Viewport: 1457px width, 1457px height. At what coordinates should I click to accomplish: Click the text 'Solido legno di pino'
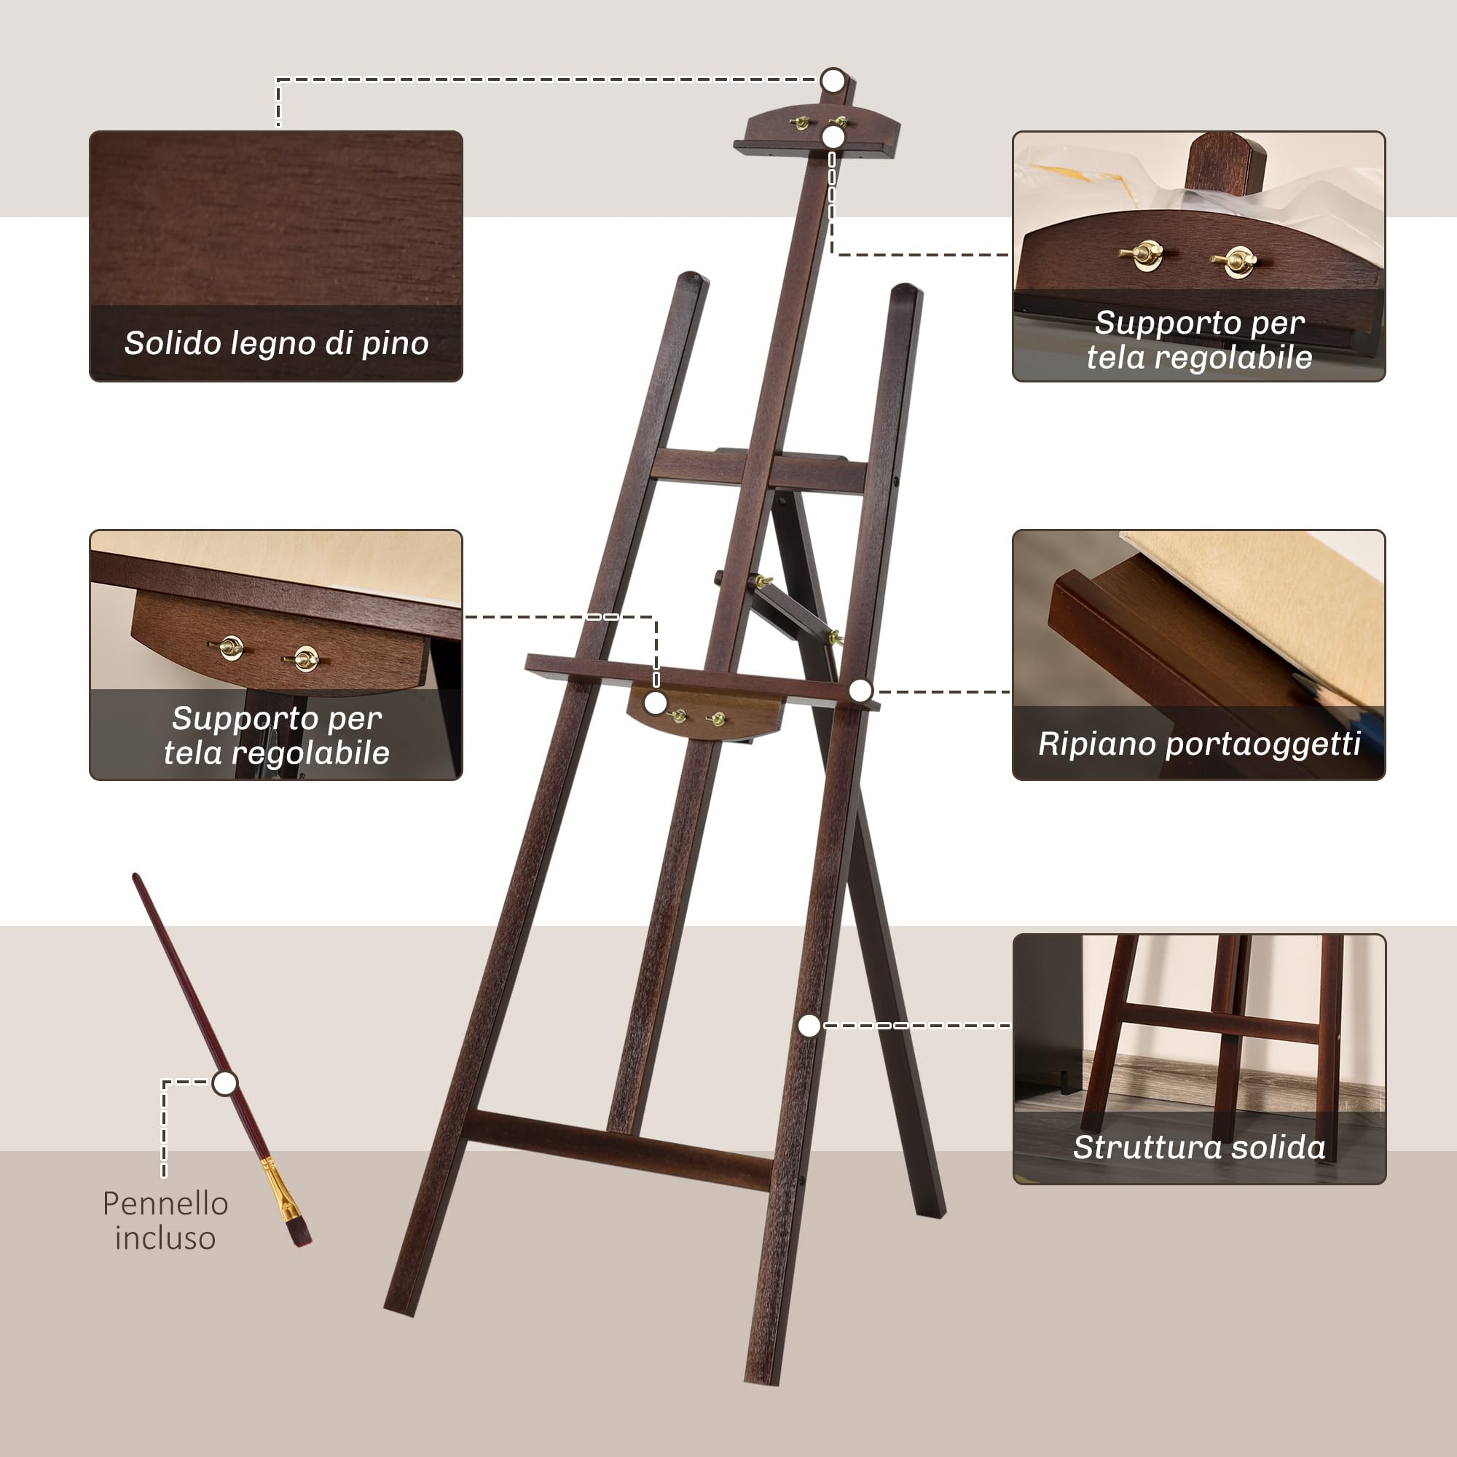point(276,343)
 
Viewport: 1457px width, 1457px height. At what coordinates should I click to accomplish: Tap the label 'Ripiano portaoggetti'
point(1198,744)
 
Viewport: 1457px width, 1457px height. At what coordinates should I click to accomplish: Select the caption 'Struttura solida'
point(1198,1147)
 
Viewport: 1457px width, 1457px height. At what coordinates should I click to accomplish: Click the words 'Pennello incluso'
point(165,1220)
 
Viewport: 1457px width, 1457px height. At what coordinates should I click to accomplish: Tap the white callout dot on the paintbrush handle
point(224,1083)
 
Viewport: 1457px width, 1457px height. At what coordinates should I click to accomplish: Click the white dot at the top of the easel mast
point(833,79)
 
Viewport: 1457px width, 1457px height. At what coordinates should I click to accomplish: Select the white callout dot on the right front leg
point(809,1026)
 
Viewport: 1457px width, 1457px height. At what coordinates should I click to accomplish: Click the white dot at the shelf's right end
point(860,690)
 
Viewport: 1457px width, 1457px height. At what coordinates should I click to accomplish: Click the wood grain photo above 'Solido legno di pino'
point(276,219)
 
